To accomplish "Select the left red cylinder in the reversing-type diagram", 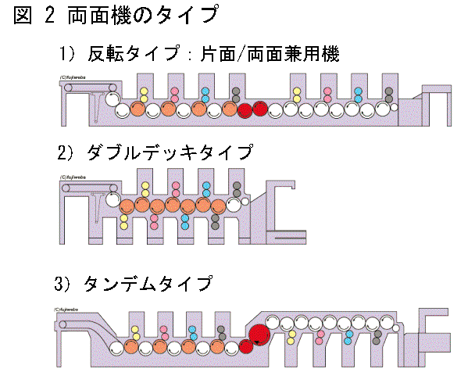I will pyautogui.click(x=245, y=110).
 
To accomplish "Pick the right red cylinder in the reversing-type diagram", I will pyautogui.click(x=260, y=110).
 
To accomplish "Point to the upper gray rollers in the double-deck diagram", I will pyautogui.click(x=234, y=189).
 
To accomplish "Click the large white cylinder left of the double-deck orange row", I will pyautogui.click(x=109, y=206).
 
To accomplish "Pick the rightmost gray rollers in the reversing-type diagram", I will pyautogui.click(x=388, y=95).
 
